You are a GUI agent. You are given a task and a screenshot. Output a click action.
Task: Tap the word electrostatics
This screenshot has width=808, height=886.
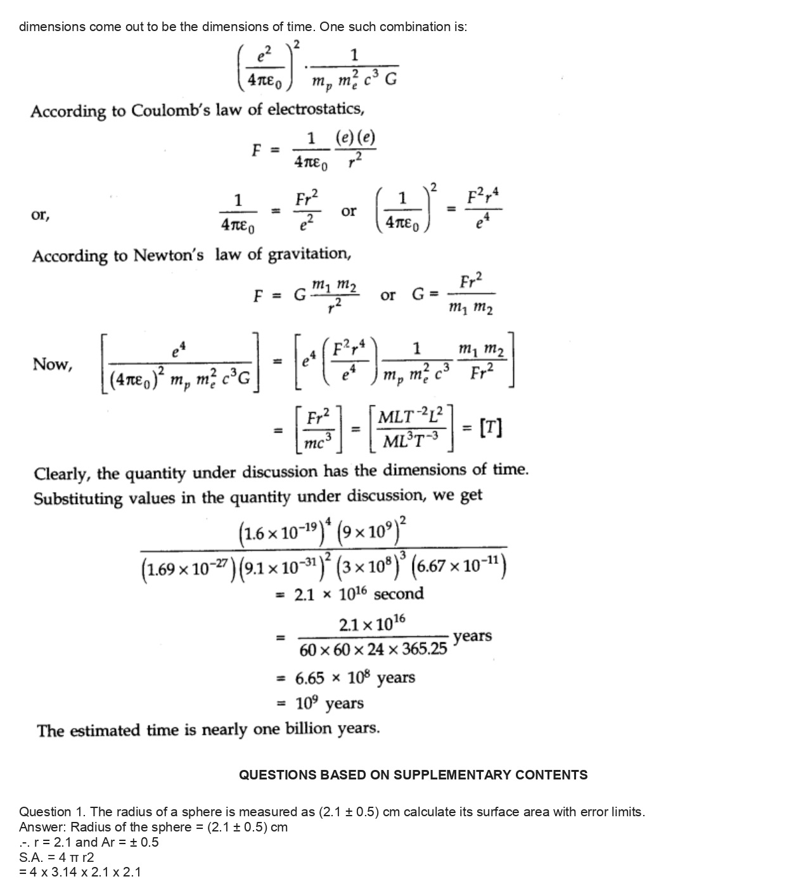[x=316, y=110]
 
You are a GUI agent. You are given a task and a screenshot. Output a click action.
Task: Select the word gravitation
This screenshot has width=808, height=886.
[x=309, y=254]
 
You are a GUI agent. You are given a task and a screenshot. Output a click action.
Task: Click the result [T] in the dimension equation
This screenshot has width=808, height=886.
[x=491, y=429]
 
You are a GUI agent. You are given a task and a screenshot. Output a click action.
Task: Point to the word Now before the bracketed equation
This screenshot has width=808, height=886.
[x=51, y=364]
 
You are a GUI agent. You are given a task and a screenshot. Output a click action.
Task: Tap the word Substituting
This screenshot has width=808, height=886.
[x=78, y=498]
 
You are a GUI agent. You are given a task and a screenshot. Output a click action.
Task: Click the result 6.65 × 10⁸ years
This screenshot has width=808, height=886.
[x=355, y=678]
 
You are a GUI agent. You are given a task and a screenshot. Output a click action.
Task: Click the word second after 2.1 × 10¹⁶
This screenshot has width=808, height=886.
[x=399, y=594]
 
